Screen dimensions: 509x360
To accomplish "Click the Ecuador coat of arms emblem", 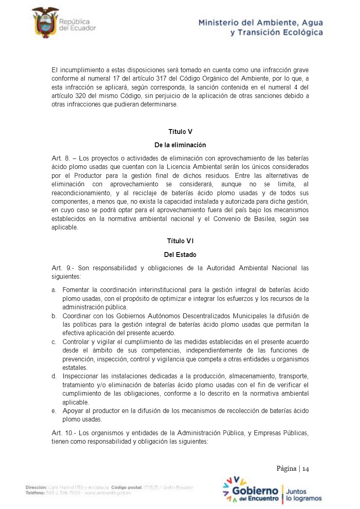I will point(45,23).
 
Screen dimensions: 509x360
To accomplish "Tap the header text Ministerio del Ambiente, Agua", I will point(260,23).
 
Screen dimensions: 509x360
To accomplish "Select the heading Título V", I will point(180,132).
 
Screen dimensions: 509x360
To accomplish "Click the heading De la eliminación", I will point(180,145).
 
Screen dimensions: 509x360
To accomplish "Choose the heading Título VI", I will point(180,241).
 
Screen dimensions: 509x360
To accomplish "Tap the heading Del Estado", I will point(180,255).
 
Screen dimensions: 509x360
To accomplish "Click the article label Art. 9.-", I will point(63,268).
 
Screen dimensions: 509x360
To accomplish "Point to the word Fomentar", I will point(75,290).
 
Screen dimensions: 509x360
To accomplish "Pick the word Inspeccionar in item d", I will point(80,376).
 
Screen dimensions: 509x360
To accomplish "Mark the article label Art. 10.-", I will point(64,433).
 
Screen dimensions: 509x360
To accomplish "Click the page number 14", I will point(306,469).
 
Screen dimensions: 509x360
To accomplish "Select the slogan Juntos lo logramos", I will point(303,495).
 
